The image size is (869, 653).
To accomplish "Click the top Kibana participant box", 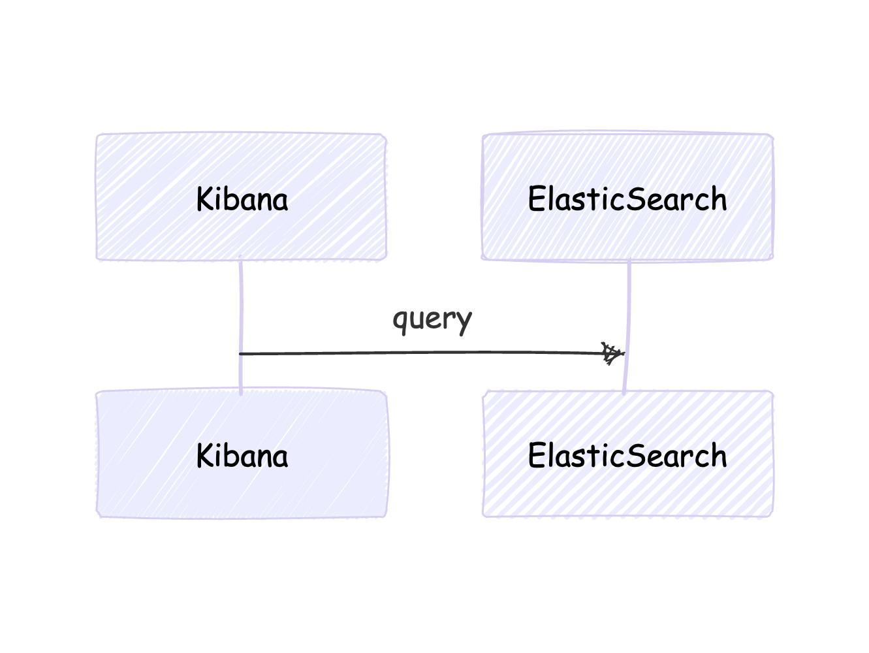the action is tap(241, 197).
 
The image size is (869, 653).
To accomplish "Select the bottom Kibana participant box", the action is tap(242, 453).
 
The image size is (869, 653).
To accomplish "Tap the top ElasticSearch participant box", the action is tap(627, 196).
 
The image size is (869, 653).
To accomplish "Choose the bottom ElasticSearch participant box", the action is tap(627, 453).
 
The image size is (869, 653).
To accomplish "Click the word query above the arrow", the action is tap(432, 321).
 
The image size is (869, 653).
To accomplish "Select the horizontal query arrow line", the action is tap(432, 353).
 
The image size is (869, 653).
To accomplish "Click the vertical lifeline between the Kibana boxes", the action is tap(241, 325).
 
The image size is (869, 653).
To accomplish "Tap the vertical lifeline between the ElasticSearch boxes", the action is tap(627, 325).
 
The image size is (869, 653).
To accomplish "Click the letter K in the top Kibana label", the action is tap(206, 199).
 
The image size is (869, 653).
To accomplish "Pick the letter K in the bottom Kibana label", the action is tap(206, 455).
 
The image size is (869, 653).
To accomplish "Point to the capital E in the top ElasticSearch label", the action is tap(537, 199).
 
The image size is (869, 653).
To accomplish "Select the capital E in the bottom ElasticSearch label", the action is tap(537, 455).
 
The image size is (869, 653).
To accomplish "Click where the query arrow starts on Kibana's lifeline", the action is tap(240, 354).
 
